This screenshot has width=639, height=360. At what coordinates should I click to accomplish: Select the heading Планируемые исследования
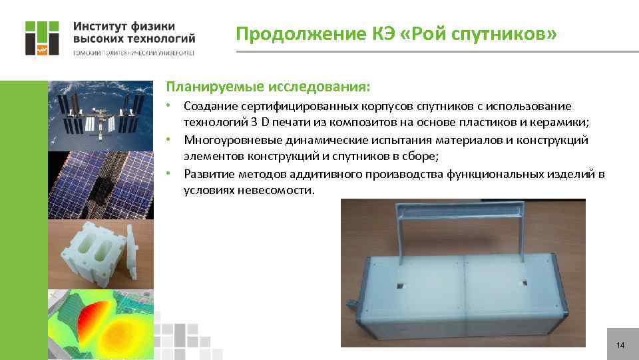[269, 87]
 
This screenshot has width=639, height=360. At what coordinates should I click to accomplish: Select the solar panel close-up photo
[101, 185]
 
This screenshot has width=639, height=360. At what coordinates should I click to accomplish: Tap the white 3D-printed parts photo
[101, 254]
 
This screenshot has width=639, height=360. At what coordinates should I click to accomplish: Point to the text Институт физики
[124, 26]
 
